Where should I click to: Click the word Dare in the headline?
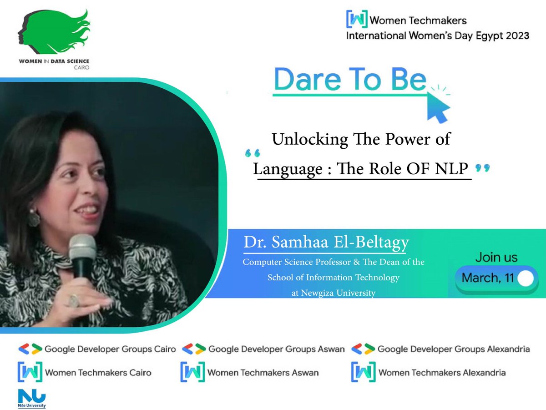pos(302,80)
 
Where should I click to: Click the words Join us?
pos(496,257)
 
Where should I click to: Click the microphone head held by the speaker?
pos(82,249)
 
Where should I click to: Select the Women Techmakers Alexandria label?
pos(441,373)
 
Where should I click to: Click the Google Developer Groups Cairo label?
pos(110,349)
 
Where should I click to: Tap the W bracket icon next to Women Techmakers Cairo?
pos(29,372)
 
